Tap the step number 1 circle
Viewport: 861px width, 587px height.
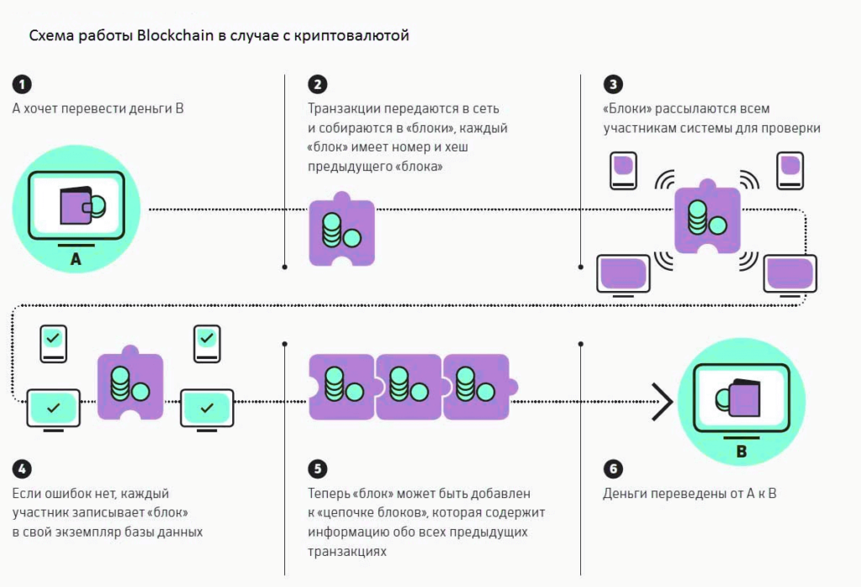click(x=22, y=84)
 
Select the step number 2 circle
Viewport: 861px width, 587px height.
click(x=317, y=84)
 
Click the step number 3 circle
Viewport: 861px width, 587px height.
click(x=613, y=84)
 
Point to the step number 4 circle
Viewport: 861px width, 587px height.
click(x=22, y=469)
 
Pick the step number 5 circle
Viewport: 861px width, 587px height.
click(x=317, y=469)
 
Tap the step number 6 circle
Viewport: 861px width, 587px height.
click(x=613, y=469)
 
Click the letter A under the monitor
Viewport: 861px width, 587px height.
click(x=76, y=261)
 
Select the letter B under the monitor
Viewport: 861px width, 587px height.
click(x=741, y=452)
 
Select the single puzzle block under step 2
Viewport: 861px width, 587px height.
click(x=341, y=230)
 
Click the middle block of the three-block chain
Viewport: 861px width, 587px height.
click(x=409, y=386)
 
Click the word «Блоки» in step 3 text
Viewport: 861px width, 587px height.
click(x=626, y=108)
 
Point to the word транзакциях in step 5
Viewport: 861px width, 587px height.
click(x=346, y=551)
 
